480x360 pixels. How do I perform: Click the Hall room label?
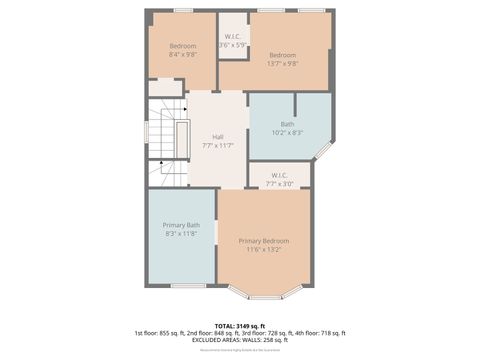pyautogui.click(x=217, y=137)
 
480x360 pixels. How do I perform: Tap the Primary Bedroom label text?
pyautogui.click(x=264, y=241)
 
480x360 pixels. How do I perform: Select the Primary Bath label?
pyautogui.click(x=181, y=225)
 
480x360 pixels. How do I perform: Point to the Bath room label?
pyautogui.click(x=287, y=124)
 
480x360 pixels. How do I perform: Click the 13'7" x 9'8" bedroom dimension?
pyautogui.click(x=283, y=63)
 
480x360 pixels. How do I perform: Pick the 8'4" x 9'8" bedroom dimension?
pyautogui.click(x=182, y=55)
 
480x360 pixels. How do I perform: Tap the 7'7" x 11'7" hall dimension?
pyautogui.click(x=217, y=146)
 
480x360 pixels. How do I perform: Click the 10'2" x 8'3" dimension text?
pyautogui.click(x=287, y=133)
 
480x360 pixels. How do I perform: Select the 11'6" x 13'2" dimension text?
pyautogui.click(x=264, y=250)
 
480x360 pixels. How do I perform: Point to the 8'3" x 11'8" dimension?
pyautogui.click(x=181, y=234)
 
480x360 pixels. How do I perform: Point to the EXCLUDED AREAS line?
pyautogui.click(x=239, y=340)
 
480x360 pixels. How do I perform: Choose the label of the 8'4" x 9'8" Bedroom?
pyautogui.click(x=182, y=46)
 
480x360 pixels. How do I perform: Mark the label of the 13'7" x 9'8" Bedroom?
pyautogui.click(x=283, y=54)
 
